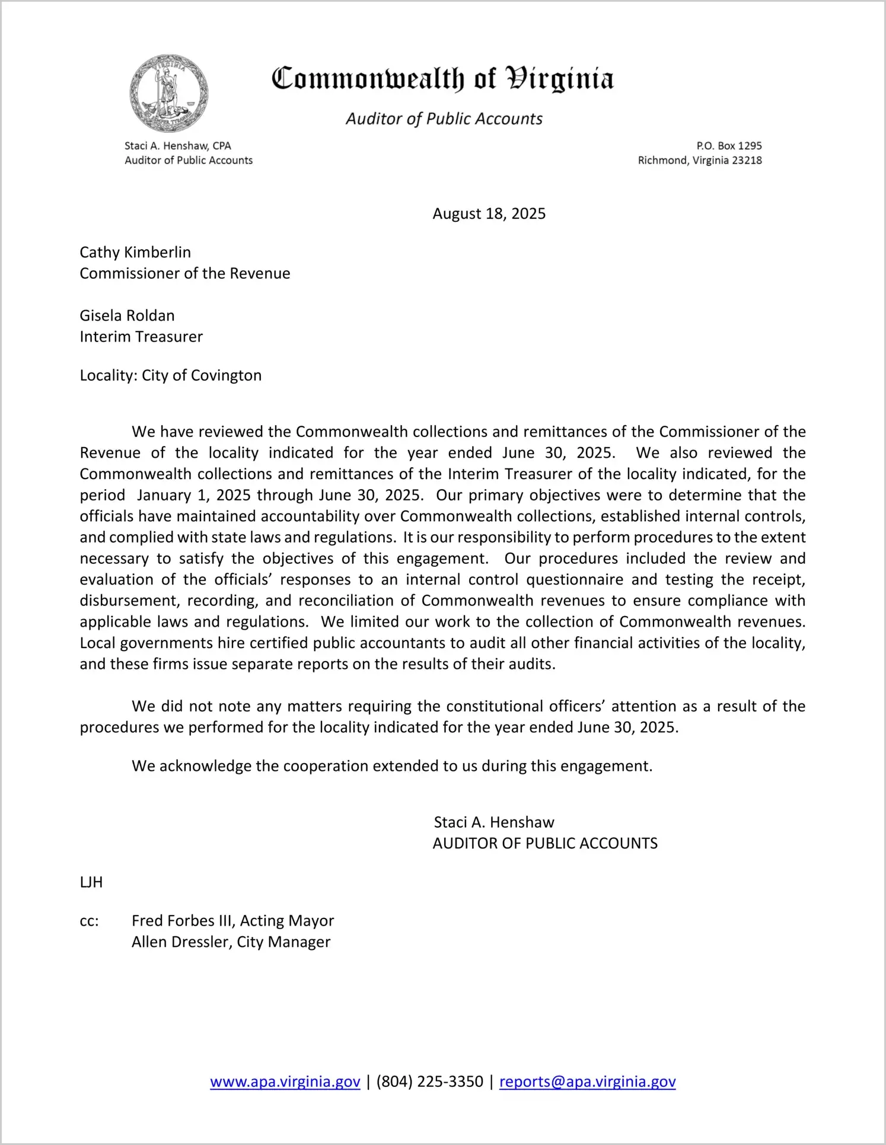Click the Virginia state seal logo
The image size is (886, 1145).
pos(169,94)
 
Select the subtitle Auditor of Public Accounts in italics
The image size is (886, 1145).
pos(444,119)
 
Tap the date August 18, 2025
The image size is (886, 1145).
pos(489,214)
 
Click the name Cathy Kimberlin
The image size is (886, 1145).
pos(135,253)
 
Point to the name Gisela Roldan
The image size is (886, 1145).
pos(127,315)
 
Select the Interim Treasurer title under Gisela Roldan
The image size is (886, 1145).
pos(141,337)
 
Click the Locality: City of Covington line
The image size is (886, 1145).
pos(171,375)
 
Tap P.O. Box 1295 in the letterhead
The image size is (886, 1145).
pos(729,146)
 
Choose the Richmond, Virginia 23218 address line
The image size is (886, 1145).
pos(700,160)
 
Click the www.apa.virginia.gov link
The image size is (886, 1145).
pos(285,1082)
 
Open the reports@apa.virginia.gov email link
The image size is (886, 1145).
pos(587,1082)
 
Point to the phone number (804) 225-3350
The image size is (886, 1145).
pos(429,1082)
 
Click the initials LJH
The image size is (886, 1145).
pos(91,882)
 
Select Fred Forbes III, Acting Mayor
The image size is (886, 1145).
pos(232,921)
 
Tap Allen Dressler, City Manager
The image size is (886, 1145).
pos(231,942)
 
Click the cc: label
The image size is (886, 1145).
pos(89,921)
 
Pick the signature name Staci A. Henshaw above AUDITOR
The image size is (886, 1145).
pos(494,822)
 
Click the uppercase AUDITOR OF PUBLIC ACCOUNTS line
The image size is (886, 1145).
pos(545,844)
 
